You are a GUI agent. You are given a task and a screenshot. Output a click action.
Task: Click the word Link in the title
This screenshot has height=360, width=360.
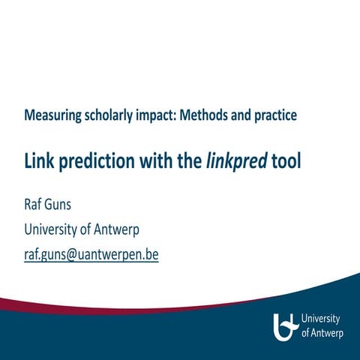[x=40, y=161]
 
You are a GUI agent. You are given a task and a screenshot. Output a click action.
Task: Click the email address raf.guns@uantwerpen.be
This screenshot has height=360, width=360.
[x=91, y=254]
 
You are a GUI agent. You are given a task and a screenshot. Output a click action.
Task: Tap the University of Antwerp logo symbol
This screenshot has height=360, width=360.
[x=286, y=325]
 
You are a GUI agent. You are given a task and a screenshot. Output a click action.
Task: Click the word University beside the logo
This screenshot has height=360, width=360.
[x=321, y=319]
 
